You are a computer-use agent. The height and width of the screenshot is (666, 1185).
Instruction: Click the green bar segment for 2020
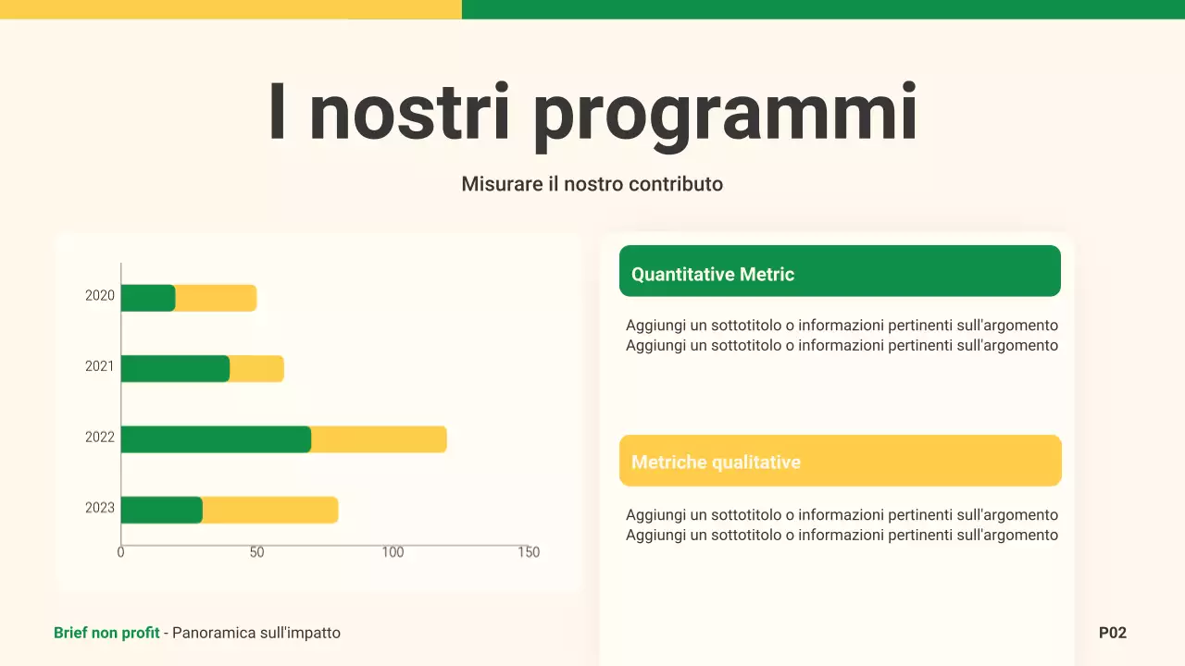point(148,298)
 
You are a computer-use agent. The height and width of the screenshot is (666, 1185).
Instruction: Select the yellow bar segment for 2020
point(216,298)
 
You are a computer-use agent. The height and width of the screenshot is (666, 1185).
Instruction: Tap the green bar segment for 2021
point(175,368)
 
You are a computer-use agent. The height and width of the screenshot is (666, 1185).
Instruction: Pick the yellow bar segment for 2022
point(379,439)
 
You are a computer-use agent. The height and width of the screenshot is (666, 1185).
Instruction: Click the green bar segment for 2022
point(216,439)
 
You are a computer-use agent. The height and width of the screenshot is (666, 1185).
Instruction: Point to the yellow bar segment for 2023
point(269,510)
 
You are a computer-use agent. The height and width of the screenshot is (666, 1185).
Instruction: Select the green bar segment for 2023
point(162,510)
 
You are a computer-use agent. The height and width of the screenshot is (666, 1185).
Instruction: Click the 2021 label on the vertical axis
point(100,366)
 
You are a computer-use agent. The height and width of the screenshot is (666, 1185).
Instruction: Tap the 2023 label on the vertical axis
point(100,508)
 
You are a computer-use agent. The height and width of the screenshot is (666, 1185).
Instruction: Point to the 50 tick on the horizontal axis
point(256,552)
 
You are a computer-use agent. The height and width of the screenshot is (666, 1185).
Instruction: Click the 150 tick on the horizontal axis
point(528,552)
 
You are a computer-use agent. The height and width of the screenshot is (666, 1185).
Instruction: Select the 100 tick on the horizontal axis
point(393,552)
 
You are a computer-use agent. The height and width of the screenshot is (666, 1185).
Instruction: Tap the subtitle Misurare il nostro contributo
point(592,184)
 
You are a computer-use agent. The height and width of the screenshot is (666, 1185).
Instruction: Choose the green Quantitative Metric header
point(840,271)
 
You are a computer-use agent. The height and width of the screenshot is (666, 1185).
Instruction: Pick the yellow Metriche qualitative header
point(840,461)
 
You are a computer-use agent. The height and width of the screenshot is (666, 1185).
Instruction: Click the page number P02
point(1112,633)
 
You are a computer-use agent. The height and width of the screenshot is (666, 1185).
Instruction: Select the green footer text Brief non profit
point(106,633)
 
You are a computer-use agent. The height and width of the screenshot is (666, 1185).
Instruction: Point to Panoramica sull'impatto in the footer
point(256,633)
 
